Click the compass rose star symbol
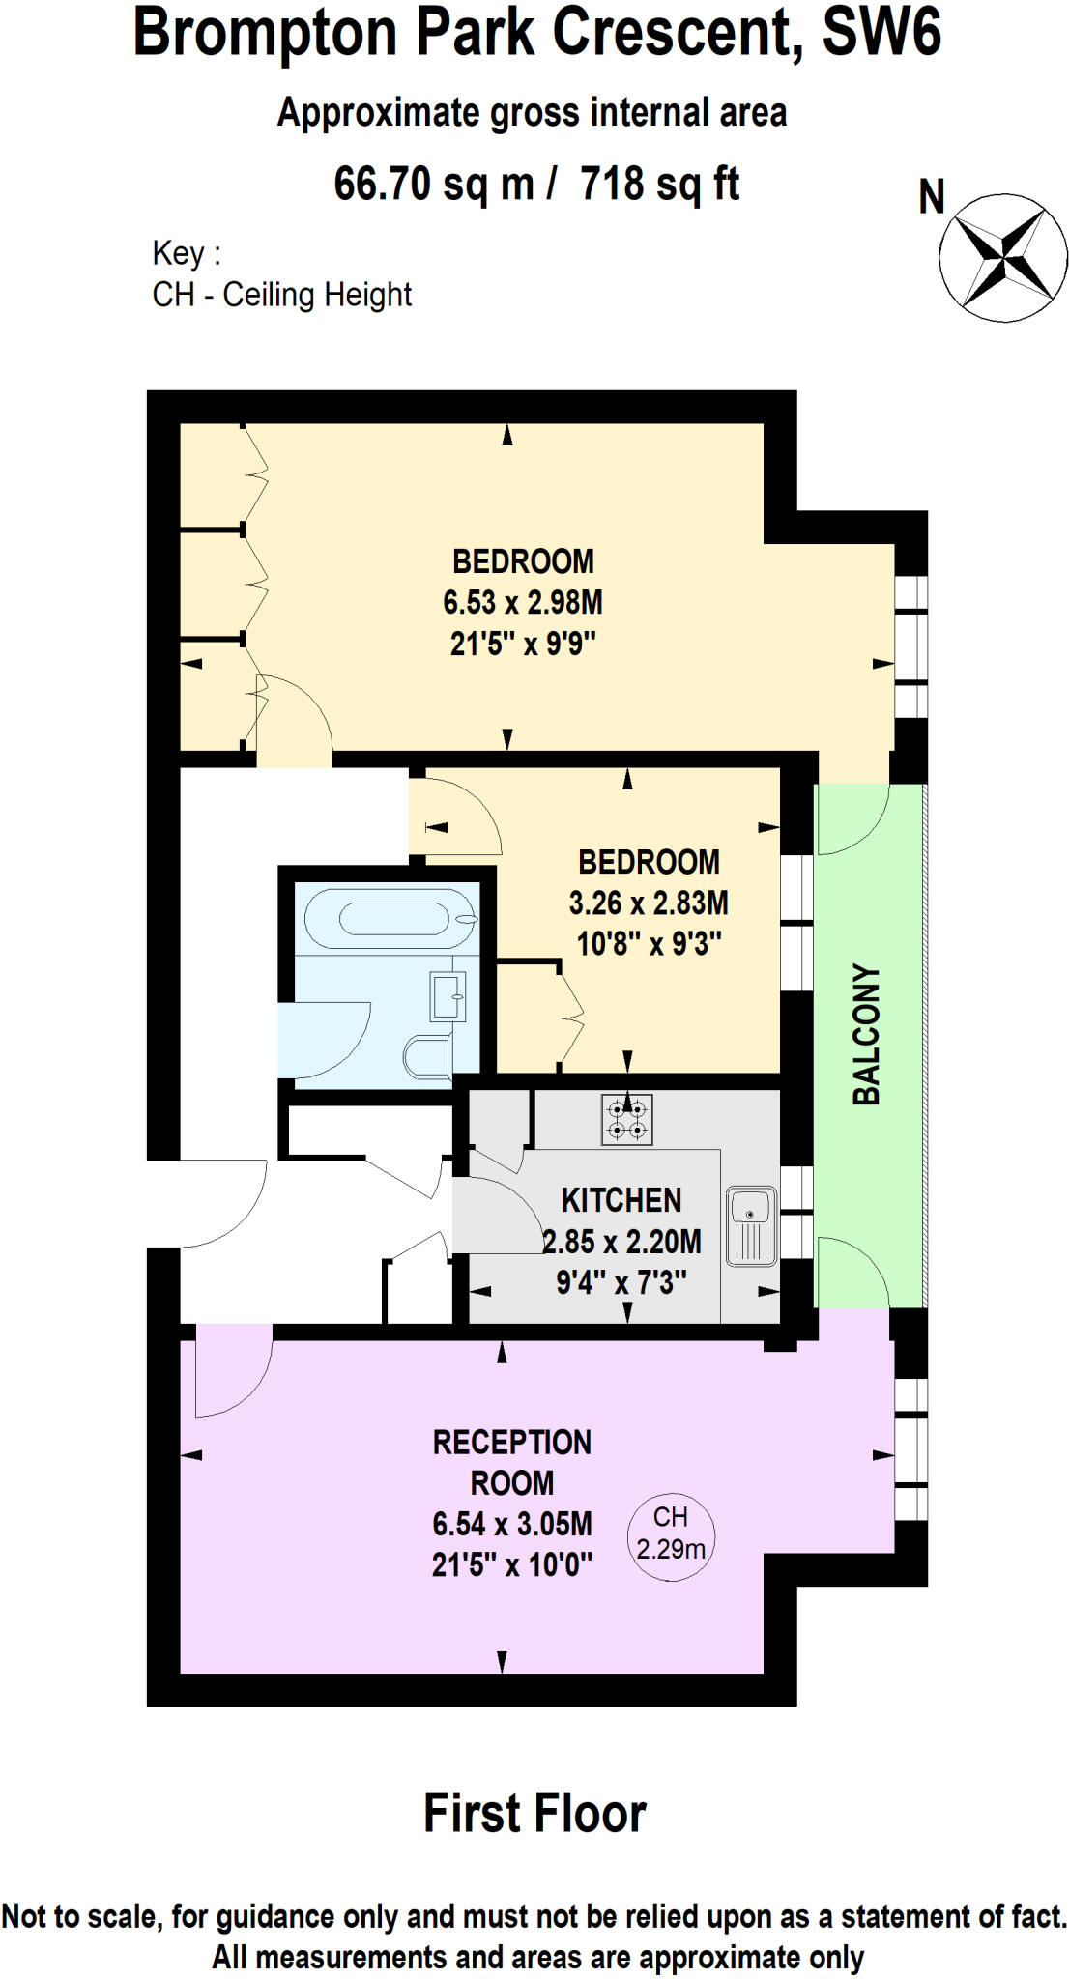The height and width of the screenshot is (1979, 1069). tap(1003, 258)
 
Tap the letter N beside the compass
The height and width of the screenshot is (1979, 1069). tap(931, 197)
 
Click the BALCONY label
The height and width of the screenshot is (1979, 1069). tap(866, 1034)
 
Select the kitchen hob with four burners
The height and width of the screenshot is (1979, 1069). tap(627, 1119)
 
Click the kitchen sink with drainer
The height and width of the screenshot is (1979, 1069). tap(751, 1225)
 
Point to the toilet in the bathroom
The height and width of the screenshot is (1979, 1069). tap(426, 1056)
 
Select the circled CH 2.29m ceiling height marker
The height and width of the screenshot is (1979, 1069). tap(671, 1533)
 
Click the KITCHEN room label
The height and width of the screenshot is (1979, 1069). tap(621, 1200)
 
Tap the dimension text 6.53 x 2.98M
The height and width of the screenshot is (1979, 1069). tap(523, 602)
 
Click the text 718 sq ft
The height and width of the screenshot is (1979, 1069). tap(659, 184)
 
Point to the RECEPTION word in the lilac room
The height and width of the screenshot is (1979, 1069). tap(511, 1442)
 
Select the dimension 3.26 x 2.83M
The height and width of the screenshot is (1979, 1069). tap(649, 903)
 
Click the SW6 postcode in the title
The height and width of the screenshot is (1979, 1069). tap(881, 33)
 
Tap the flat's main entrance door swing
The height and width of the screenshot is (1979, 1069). tap(222, 1204)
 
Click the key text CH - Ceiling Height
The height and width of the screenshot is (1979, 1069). tap(281, 294)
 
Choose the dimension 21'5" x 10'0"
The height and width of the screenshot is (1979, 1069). tap(511, 1563)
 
